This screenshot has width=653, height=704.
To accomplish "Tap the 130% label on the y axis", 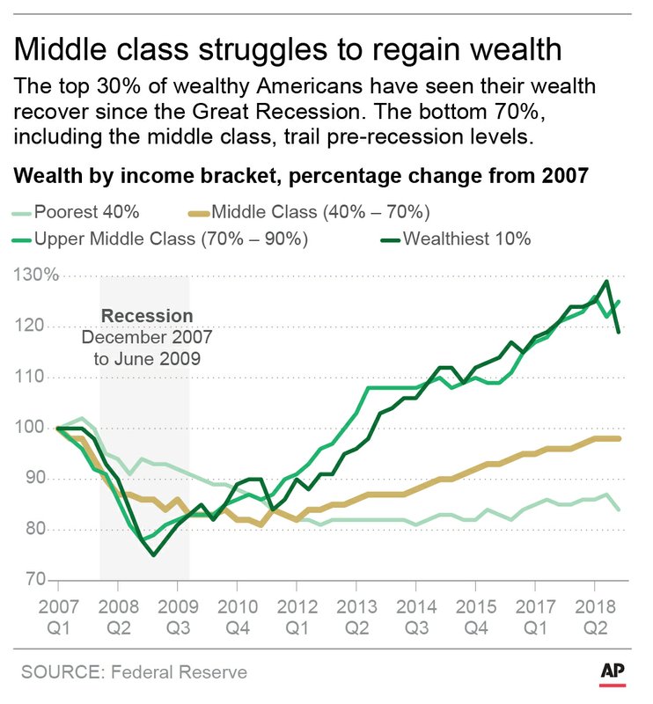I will point(35,275).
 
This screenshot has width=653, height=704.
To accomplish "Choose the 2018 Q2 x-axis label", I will point(594,618).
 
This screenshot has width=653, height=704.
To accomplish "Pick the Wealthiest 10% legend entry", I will point(466,238).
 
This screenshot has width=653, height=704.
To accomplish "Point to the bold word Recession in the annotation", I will point(146,316).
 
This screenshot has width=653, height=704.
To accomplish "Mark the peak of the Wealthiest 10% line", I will point(606,282).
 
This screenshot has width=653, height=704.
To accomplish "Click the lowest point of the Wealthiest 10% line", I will point(154,554).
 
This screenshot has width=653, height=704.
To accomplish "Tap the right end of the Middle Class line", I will point(621,438).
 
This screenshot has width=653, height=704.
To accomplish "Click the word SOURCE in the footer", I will point(61,672).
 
